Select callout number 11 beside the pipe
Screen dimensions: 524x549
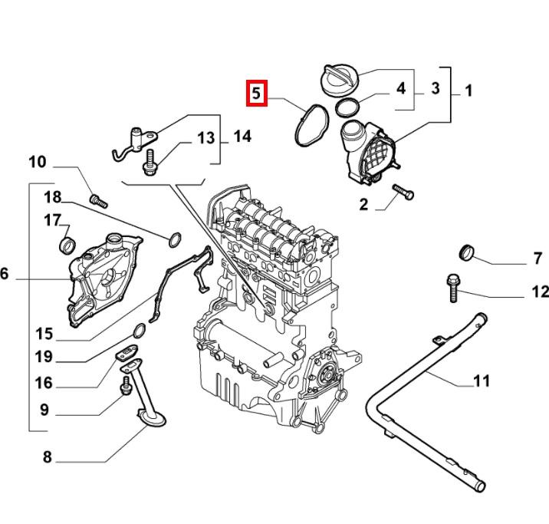481,381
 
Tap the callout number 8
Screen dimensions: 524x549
47,458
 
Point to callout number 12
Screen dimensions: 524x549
539,292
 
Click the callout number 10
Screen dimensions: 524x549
38,163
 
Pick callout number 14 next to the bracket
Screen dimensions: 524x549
242,137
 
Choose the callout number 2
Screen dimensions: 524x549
363,204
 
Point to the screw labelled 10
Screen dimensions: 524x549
97,200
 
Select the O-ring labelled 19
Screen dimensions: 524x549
140,331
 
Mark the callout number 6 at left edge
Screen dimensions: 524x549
5,274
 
